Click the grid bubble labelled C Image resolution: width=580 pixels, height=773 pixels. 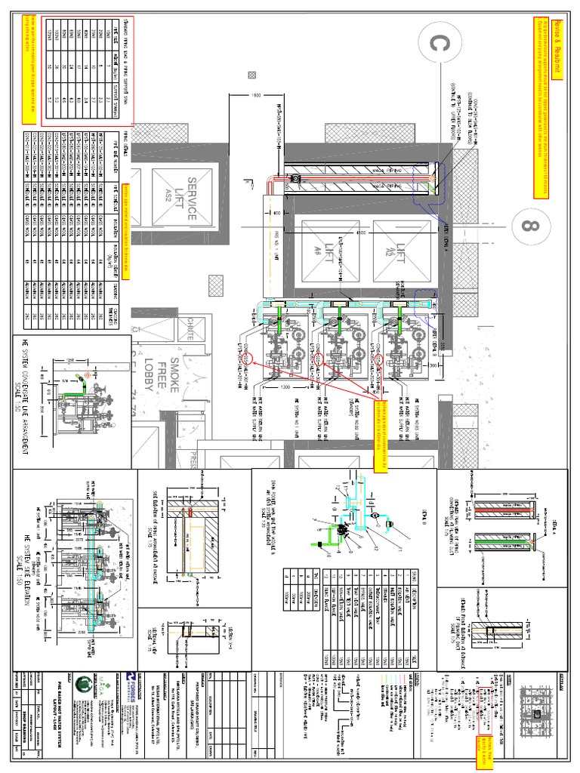[433, 45]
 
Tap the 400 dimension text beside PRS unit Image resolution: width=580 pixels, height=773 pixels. [277, 215]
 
